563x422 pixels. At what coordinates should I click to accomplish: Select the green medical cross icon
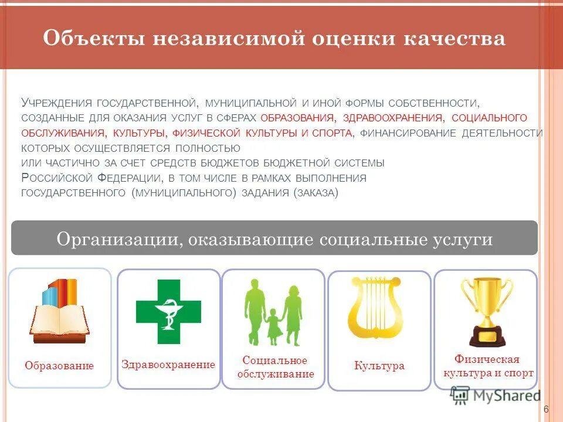[x=168, y=311]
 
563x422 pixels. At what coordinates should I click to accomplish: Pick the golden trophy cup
[x=486, y=311]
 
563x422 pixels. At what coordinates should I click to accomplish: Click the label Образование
[x=59, y=366]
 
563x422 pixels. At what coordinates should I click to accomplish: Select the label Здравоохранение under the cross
[x=168, y=365]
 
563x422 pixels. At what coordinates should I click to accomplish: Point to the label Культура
[x=379, y=366]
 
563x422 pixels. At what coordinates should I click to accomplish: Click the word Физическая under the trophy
[x=487, y=359]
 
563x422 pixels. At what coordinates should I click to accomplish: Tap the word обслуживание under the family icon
[x=276, y=374]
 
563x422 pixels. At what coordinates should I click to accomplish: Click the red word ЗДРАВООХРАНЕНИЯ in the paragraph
[x=392, y=117]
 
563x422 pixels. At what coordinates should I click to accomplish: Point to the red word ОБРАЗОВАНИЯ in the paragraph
[x=298, y=117]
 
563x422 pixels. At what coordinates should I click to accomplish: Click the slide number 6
[x=546, y=409]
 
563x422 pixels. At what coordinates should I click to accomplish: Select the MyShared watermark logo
[x=496, y=396]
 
